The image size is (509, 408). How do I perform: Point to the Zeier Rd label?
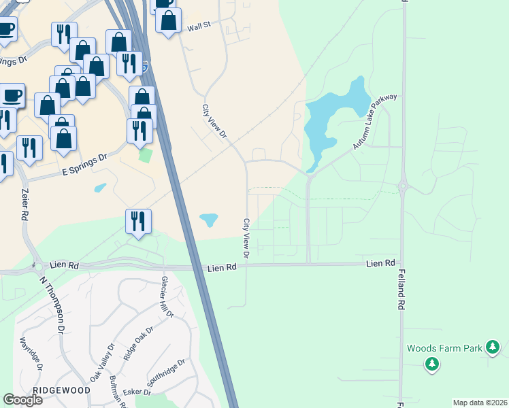pos(24,203)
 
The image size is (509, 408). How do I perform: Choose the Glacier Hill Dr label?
pos(167,297)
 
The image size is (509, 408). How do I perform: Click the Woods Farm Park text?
pos(444,348)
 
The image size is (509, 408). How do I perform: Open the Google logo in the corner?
pos(23,400)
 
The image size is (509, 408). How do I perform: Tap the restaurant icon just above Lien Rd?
pos(138,221)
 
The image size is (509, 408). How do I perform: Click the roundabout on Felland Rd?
pos(402,184)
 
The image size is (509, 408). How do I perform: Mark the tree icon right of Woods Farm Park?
pos(493,349)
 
